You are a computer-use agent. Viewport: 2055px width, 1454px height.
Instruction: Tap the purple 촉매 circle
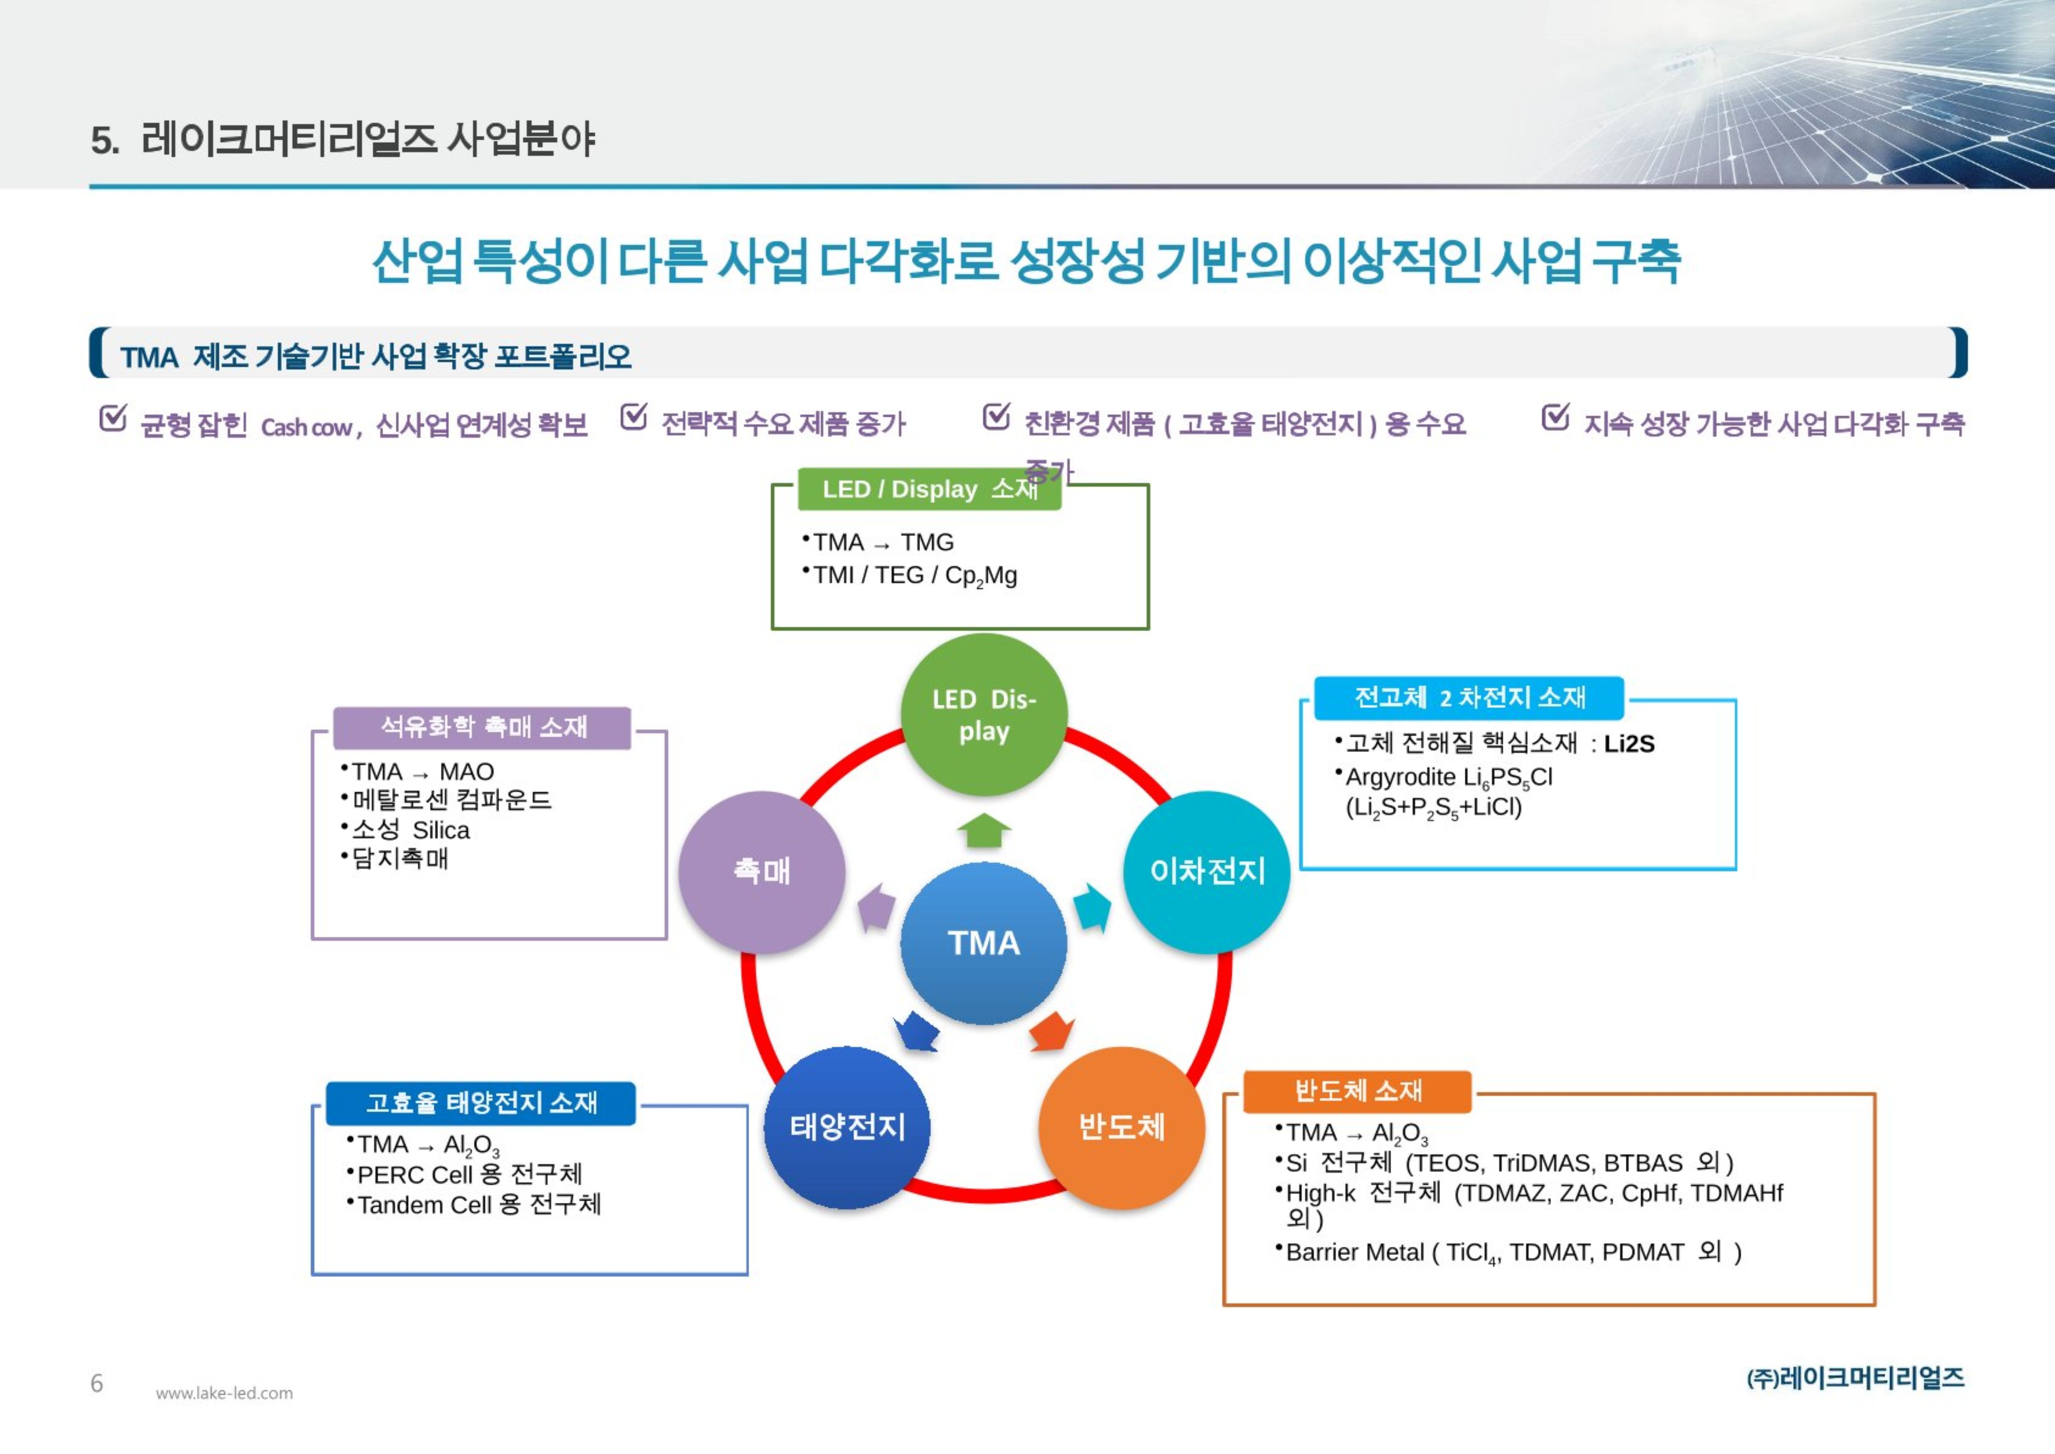coord(762,871)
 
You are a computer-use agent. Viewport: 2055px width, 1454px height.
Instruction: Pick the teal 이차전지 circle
coord(1206,871)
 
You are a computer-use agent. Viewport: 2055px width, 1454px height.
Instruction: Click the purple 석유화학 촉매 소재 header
coord(482,727)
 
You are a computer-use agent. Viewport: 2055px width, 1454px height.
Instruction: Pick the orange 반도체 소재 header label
coord(1357,1091)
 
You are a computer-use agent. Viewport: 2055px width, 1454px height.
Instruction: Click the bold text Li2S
coord(1629,744)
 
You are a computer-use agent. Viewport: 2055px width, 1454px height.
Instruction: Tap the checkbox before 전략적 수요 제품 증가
coord(634,417)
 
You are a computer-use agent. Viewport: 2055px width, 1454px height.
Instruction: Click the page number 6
coord(97,1383)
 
